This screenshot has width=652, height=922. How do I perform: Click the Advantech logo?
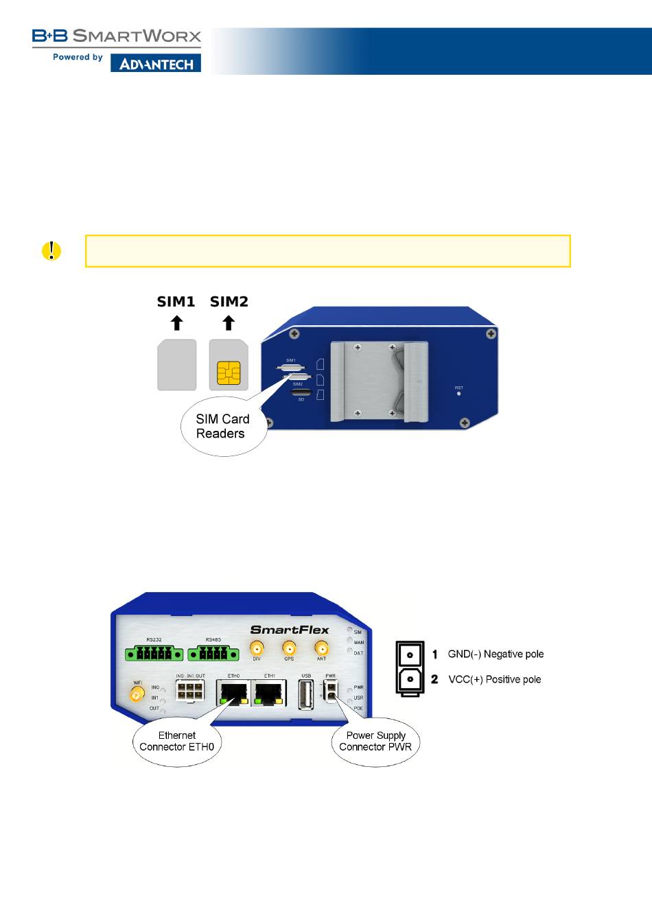[156, 64]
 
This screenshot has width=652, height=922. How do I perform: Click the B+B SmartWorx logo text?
[117, 36]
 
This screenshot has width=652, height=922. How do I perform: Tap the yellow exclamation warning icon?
[51, 251]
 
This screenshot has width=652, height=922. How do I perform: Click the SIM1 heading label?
[176, 301]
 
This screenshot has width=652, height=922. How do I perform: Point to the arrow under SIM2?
[229, 322]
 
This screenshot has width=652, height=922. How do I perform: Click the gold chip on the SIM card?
[229, 373]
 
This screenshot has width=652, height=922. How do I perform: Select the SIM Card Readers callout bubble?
[222, 427]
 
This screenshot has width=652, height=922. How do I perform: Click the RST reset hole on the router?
[458, 394]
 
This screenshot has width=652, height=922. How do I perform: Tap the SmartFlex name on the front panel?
[290, 630]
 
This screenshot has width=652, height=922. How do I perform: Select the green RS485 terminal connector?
[213, 653]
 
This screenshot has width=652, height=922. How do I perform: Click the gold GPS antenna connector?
[289, 648]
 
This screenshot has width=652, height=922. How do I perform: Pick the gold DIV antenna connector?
[257, 648]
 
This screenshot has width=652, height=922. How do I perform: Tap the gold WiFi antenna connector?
[137, 695]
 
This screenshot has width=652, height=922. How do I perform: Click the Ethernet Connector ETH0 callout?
[177, 741]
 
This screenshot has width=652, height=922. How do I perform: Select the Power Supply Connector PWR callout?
[375, 741]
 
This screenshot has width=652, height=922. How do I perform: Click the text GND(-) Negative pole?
[496, 654]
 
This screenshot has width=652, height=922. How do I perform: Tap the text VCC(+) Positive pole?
[494, 679]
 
